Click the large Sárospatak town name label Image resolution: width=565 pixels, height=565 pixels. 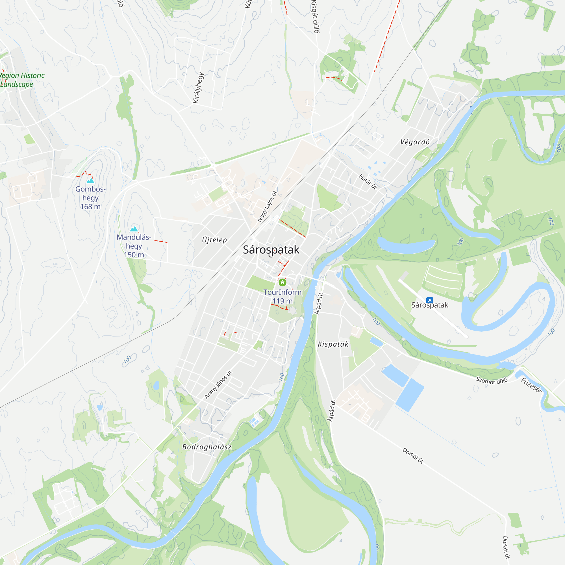pyautogui.click(x=271, y=250)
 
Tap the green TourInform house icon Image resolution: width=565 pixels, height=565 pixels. pyautogui.click(x=282, y=282)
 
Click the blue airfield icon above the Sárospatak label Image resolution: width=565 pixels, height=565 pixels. pyautogui.click(x=430, y=300)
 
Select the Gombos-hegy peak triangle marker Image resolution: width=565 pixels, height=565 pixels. pyautogui.click(x=90, y=181)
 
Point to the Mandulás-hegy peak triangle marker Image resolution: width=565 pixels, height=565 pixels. pyautogui.click(x=134, y=229)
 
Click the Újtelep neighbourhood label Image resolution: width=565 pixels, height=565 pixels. pyautogui.click(x=214, y=240)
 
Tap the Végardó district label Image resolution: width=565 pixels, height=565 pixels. pyautogui.click(x=415, y=142)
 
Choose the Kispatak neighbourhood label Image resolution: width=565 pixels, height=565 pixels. pyautogui.click(x=333, y=344)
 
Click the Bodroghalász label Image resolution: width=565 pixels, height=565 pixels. pyautogui.click(x=207, y=447)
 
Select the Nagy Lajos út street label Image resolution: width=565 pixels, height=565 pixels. pyautogui.click(x=267, y=206)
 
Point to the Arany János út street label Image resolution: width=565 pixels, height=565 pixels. pyautogui.click(x=218, y=384)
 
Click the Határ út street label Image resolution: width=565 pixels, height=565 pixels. pyautogui.click(x=368, y=182)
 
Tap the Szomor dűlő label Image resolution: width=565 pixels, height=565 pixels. pyautogui.click(x=492, y=381)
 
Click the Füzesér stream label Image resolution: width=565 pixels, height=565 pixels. pyautogui.click(x=531, y=385)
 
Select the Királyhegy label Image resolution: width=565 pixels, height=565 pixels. pyautogui.click(x=198, y=88)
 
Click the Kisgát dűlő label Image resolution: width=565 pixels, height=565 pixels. pyautogui.click(x=315, y=17)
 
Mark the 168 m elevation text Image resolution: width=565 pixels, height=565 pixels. pyautogui.click(x=90, y=207)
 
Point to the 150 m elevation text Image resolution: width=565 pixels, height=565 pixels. pyautogui.click(x=134, y=255)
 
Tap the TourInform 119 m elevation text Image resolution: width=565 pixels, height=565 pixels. pyautogui.click(x=282, y=301)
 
